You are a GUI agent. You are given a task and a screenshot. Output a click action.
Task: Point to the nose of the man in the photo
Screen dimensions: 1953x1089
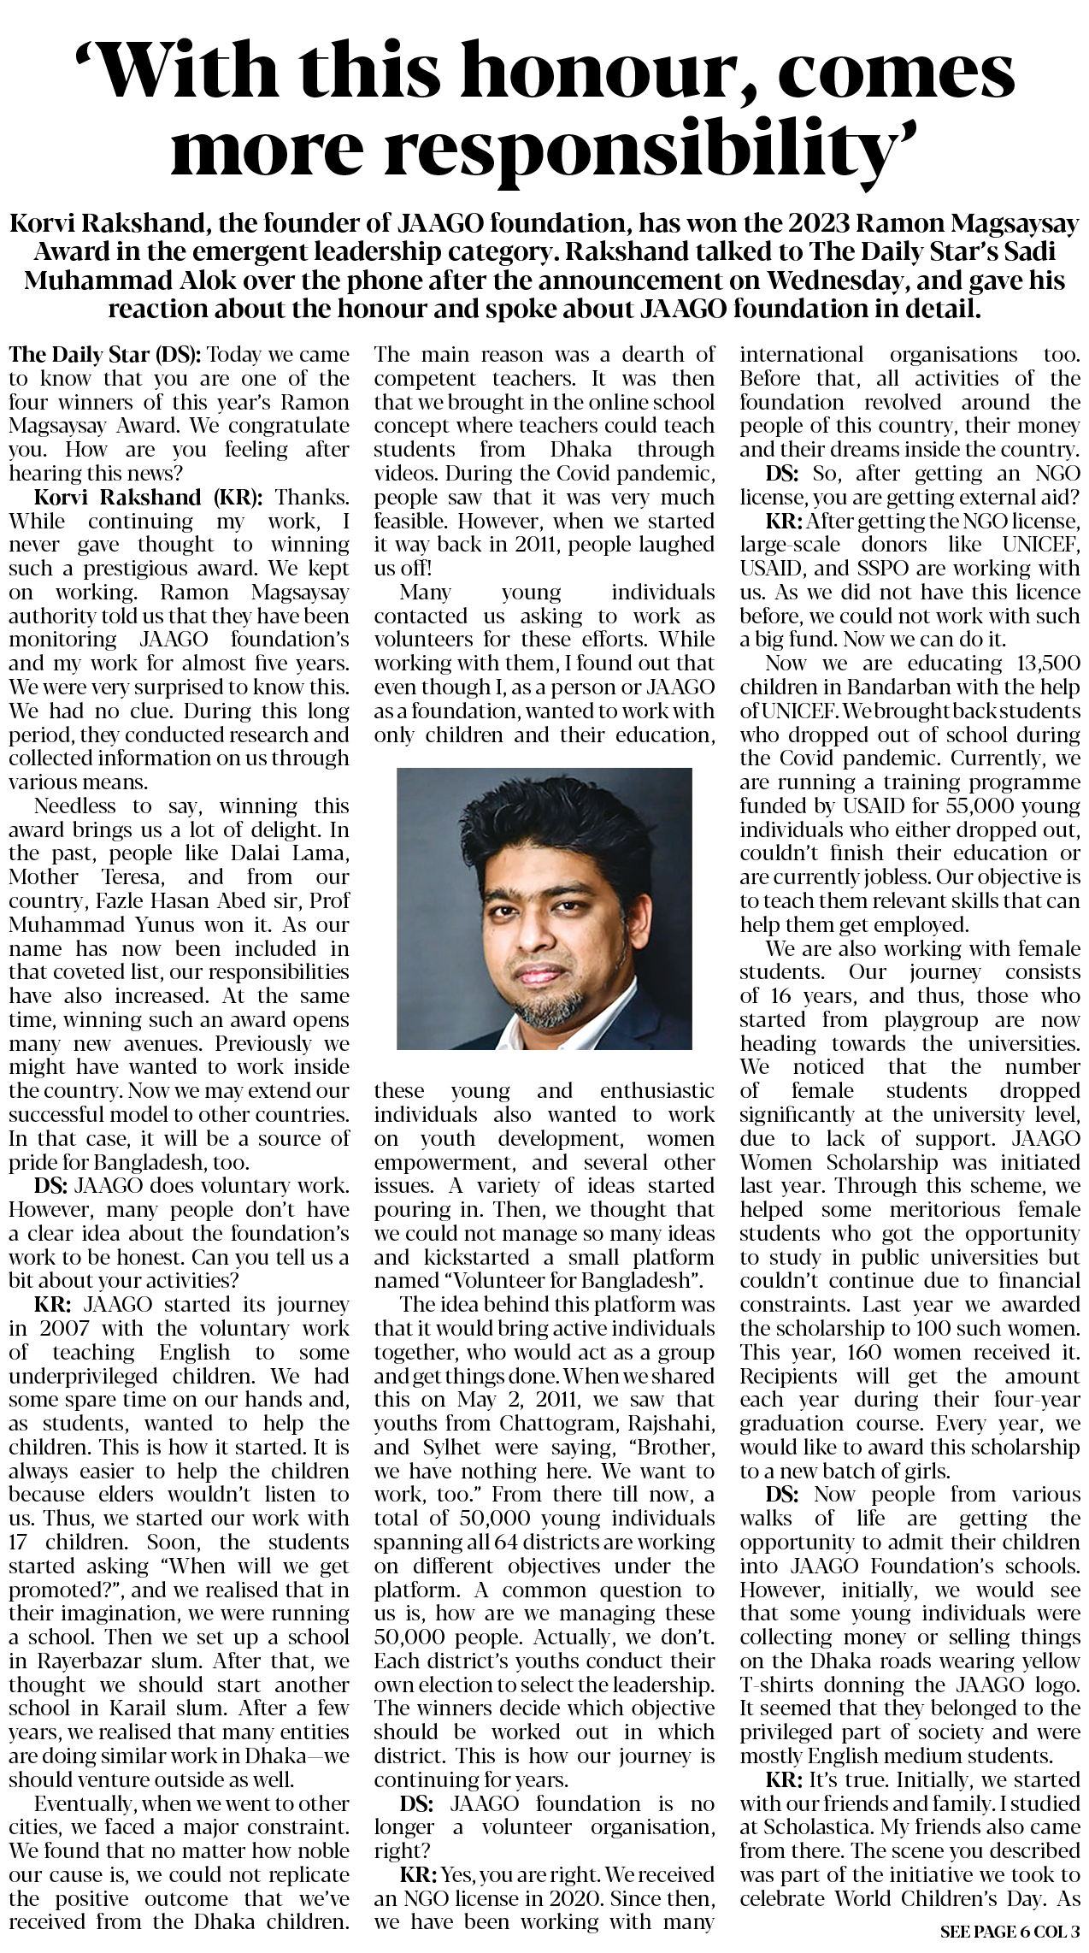536,940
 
